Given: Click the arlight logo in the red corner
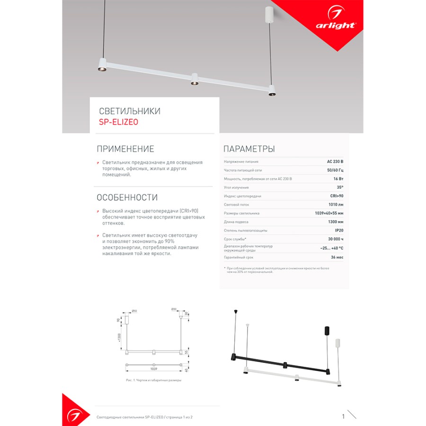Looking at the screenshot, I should click(336, 24).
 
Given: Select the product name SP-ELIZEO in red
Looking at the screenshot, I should click(119, 122).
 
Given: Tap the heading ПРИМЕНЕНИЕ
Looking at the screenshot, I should click(125, 149).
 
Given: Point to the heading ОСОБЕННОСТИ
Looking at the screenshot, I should click(127, 197).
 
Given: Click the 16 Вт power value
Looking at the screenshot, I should click(338, 178).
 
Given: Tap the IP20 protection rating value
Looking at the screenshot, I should click(339, 230).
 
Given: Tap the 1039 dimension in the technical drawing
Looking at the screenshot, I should click(153, 368).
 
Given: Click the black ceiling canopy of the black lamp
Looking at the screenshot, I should click(326, 331).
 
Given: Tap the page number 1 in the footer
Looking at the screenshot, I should click(343, 417).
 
